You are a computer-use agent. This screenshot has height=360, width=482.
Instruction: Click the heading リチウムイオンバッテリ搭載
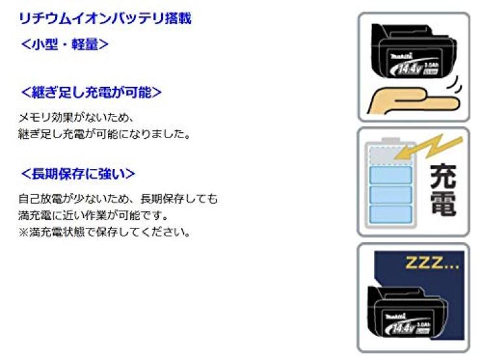(105, 18)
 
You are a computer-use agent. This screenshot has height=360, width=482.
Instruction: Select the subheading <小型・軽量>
(65, 44)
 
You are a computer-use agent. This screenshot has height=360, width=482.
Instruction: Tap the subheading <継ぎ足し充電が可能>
(92, 92)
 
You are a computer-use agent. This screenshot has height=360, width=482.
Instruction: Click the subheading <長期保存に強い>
(78, 174)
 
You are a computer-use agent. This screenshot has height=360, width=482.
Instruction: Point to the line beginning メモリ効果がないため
(76, 118)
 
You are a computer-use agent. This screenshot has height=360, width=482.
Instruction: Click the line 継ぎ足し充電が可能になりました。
(105, 134)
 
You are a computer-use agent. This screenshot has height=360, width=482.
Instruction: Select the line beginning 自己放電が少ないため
(118, 199)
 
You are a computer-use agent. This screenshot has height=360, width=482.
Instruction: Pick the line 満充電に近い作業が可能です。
(94, 215)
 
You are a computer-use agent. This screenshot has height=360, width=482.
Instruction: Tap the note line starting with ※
(105, 232)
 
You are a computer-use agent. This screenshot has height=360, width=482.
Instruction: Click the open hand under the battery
(412, 101)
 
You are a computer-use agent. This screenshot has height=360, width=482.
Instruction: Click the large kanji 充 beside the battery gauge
(443, 176)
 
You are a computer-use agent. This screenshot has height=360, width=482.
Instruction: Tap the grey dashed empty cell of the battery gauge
(390, 156)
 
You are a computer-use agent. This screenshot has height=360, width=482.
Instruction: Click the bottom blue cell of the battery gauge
(390, 214)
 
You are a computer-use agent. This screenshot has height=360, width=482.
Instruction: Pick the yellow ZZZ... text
(432, 263)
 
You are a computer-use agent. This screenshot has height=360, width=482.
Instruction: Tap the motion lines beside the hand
(455, 84)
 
